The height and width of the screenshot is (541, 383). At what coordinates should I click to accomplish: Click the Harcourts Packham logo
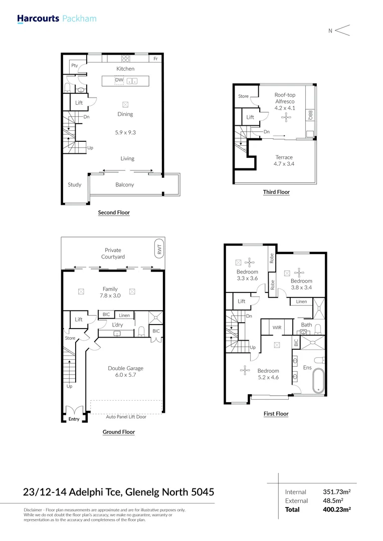[56, 19]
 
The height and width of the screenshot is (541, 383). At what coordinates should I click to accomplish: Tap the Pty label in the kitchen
[75, 66]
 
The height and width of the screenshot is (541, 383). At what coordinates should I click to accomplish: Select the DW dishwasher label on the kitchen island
[119, 80]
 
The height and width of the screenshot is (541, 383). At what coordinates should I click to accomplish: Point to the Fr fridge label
[156, 59]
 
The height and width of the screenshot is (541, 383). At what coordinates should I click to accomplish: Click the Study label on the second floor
[75, 185]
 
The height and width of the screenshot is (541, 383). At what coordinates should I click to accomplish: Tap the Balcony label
[125, 185]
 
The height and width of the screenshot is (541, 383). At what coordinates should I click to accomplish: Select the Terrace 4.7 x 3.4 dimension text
[284, 164]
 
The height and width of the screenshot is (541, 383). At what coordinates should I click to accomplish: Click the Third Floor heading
[276, 192]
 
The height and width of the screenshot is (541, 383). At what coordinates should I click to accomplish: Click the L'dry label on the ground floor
[117, 325]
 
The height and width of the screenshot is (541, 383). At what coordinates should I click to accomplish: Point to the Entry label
[74, 419]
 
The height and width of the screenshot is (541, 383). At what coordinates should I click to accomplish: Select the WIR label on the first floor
[277, 327]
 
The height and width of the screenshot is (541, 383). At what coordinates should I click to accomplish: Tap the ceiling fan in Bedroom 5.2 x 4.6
[245, 371]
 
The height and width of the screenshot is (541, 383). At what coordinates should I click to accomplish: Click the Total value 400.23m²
[336, 509]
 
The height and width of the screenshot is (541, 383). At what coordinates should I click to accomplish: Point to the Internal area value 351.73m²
[336, 492]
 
